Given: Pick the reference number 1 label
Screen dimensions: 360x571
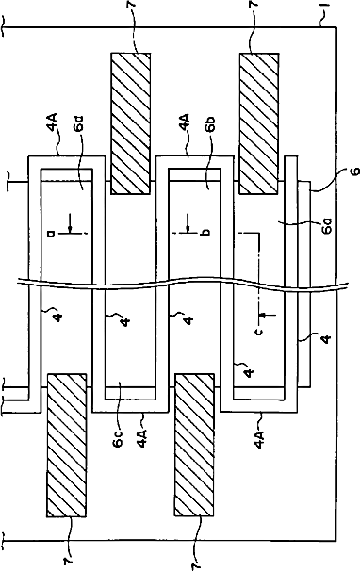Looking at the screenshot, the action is click(328, 7).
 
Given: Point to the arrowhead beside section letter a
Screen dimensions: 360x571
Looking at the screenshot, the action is click(69, 228).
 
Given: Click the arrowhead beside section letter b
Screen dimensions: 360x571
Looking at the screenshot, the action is click(188, 228).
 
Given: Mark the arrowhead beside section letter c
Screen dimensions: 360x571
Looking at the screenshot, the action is click(262, 314).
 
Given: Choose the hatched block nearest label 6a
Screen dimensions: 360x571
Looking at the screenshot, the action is click(259, 123).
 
